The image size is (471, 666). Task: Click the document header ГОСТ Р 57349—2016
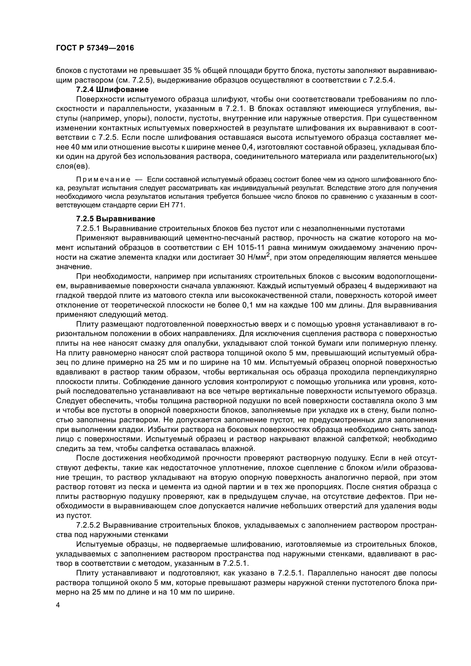[95, 48]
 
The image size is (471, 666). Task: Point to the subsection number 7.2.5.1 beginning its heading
[88, 228]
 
